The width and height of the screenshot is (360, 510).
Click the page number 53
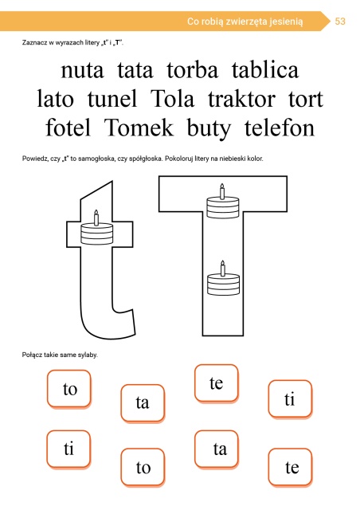[x=340, y=22]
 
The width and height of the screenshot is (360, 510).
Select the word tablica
[x=265, y=69]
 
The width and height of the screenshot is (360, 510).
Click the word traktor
[x=241, y=98]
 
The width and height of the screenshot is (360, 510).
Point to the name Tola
[x=172, y=98]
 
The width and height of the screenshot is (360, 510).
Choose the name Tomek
[x=139, y=127]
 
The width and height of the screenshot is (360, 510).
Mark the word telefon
[x=280, y=127]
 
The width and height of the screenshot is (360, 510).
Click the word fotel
[x=68, y=127]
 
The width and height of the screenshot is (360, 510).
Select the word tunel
[x=112, y=98]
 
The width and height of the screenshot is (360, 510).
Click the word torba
[x=192, y=69]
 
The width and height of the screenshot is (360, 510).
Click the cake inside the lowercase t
[x=96, y=228]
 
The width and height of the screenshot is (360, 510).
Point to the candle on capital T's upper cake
[x=222, y=191]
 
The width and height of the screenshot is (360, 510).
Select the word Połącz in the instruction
[x=32, y=355]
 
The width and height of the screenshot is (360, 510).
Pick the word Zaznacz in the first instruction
[x=34, y=42]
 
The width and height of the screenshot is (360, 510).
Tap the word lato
[x=55, y=98]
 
